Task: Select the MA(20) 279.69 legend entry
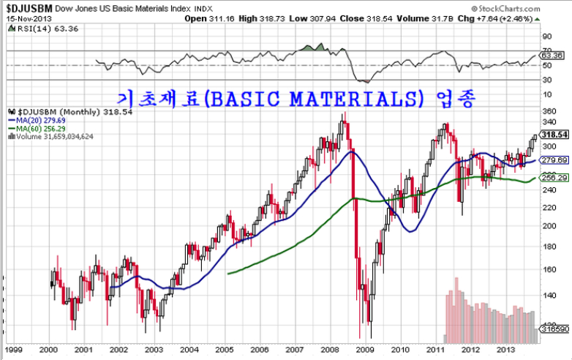[38, 119]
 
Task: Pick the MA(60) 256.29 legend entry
[38, 127]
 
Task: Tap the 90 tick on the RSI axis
[546, 35]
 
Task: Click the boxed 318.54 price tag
[555, 135]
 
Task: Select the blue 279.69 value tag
[554, 160]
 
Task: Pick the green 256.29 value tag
[554, 178]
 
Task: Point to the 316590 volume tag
[554, 331]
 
